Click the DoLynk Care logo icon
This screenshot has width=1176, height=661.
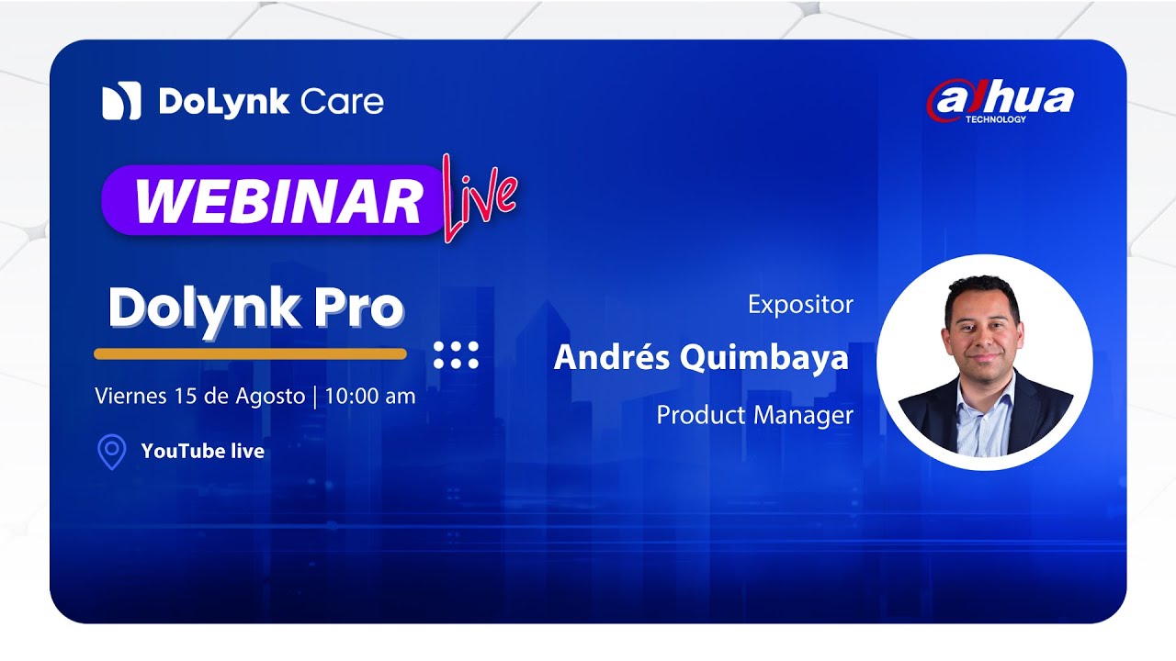[121, 101]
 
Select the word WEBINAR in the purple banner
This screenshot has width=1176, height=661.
[278, 201]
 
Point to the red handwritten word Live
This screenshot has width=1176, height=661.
[479, 196]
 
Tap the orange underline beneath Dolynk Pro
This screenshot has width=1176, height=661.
[250, 353]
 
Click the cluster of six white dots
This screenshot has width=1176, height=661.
[456, 355]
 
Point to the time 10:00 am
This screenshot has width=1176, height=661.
[369, 397]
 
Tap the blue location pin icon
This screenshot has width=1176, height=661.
[111, 452]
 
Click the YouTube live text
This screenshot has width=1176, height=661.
[202, 451]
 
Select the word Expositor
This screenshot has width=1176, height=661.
[800, 304]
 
